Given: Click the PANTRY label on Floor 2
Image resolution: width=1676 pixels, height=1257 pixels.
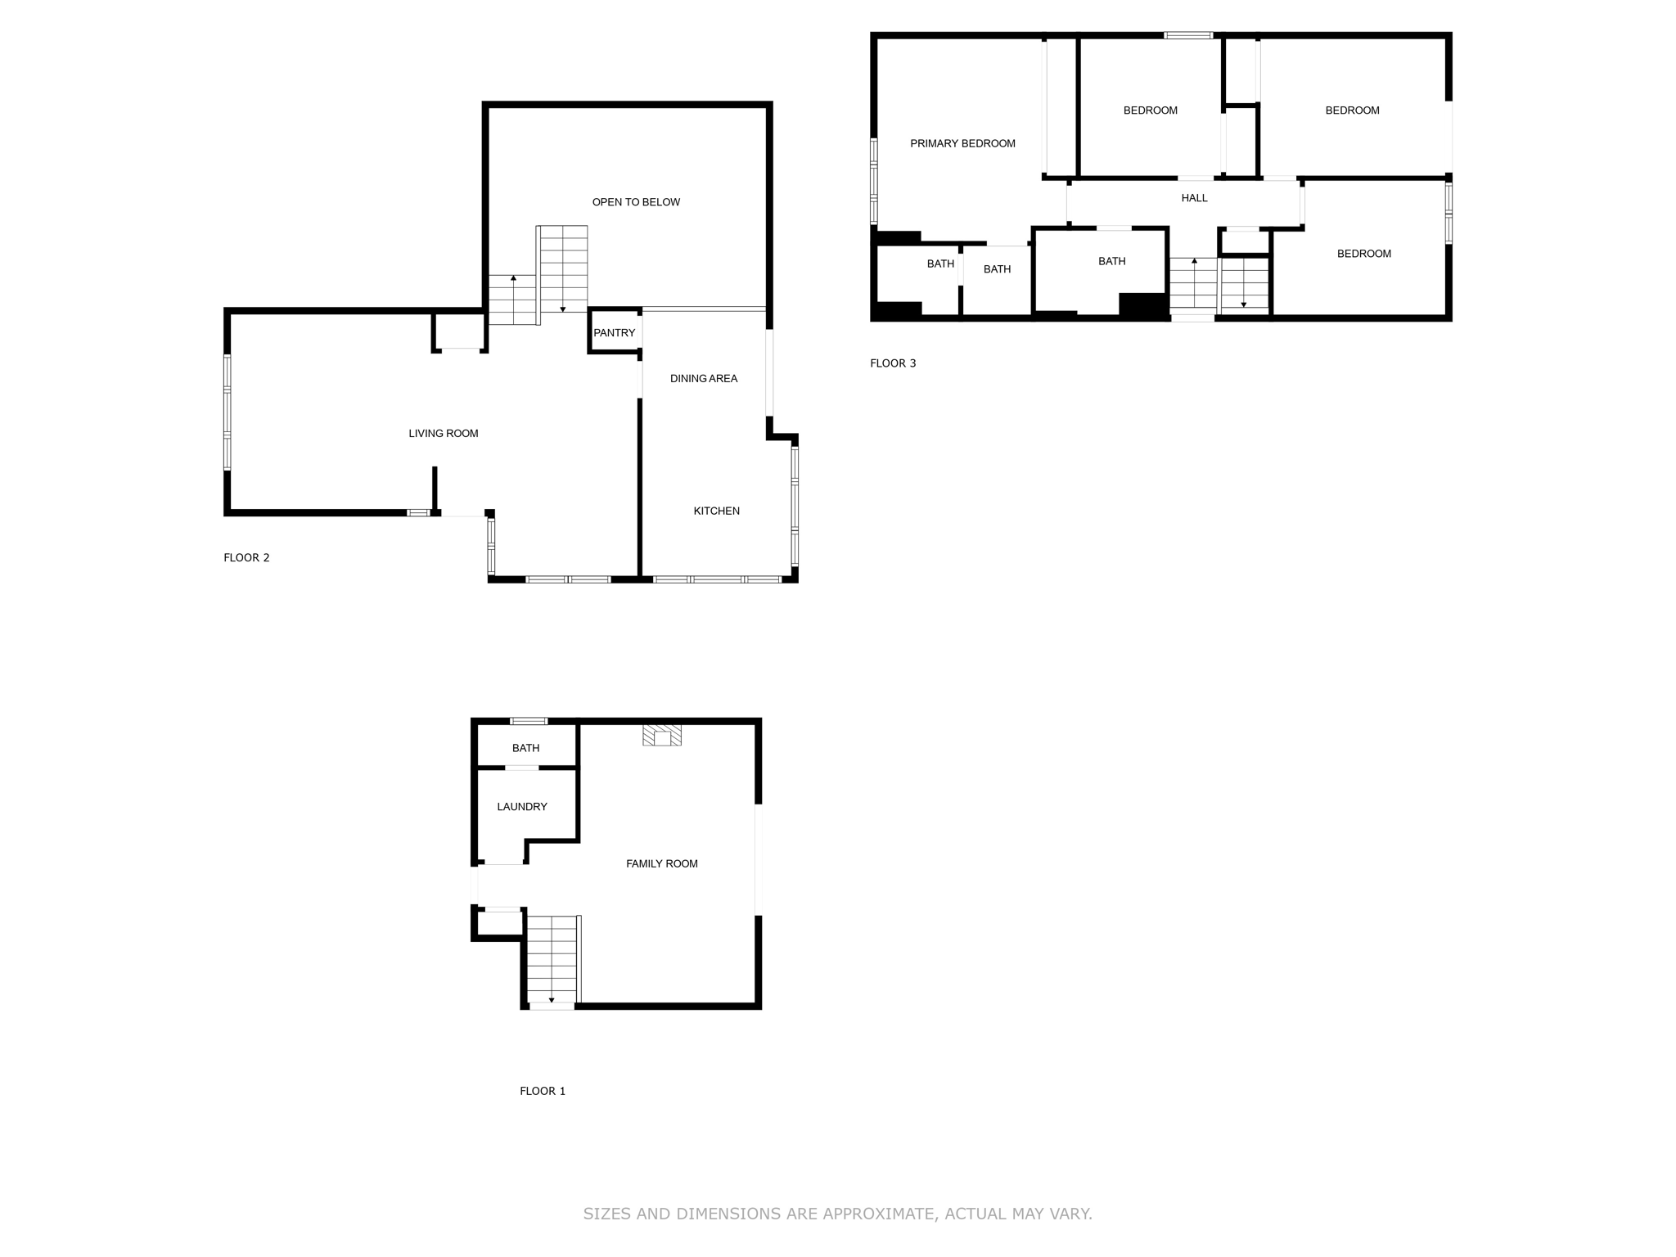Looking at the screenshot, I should click(x=614, y=333).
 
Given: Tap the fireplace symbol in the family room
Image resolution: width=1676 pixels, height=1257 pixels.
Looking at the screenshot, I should click(x=662, y=735).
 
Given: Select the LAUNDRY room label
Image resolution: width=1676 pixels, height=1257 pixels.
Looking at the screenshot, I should click(x=521, y=807).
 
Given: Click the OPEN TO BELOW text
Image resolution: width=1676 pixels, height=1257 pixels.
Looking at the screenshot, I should click(x=636, y=202).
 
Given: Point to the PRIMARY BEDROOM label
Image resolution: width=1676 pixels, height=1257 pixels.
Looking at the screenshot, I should click(x=962, y=144).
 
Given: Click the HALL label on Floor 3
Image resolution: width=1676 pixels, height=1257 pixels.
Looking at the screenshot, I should click(x=1194, y=198).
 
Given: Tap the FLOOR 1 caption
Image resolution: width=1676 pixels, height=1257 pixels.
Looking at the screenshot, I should click(x=543, y=1091).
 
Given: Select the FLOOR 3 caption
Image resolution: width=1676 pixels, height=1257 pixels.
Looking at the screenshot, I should click(x=893, y=363).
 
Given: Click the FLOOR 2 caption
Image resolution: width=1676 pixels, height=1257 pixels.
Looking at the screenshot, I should click(x=246, y=558).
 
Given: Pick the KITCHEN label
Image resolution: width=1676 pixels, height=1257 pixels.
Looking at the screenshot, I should click(x=716, y=511).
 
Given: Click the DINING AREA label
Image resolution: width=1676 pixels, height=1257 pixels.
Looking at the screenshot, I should click(x=704, y=379).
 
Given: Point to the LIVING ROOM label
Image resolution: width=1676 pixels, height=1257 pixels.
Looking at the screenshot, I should click(x=443, y=434).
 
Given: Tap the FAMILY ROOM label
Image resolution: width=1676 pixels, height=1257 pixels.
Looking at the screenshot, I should click(x=661, y=864).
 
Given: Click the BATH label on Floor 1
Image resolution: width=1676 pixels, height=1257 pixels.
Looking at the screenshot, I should click(x=525, y=748).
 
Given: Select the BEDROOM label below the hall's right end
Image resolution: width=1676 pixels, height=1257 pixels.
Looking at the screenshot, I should click(x=1363, y=254).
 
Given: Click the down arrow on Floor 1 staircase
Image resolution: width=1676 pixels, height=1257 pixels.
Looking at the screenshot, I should click(x=552, y=999).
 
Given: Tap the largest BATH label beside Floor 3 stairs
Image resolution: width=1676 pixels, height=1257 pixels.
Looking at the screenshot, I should click(x=1111, y=262).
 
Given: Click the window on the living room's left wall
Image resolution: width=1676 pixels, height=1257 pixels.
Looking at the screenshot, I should click(x=228, y=412).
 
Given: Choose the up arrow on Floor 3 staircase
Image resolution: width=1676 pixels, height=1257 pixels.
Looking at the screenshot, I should click(x=1194, y=262).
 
